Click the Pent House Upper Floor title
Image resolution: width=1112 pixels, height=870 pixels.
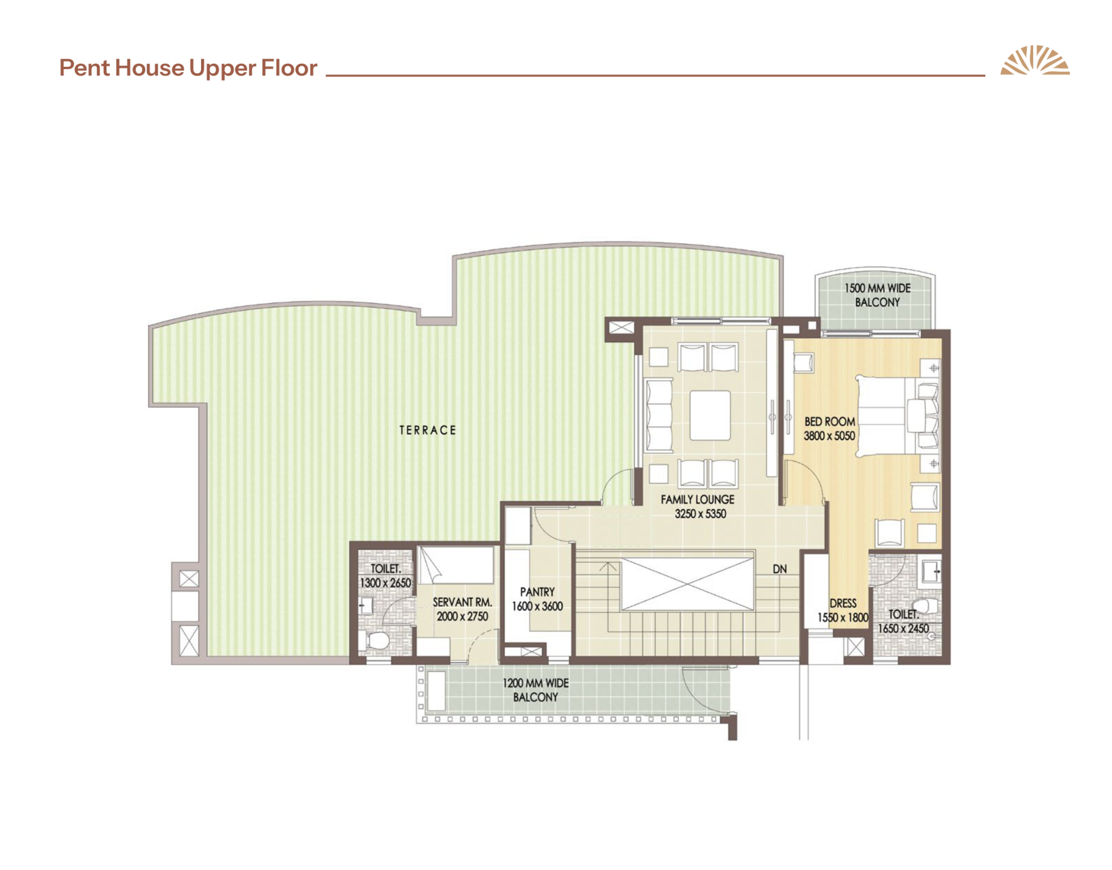click(x=188, y=69)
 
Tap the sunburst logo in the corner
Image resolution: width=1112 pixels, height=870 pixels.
click(x=1035, y=60)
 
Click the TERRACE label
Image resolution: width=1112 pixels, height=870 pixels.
click(x=428, y=430)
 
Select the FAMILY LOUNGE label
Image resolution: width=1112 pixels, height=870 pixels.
click(x=697, y=499)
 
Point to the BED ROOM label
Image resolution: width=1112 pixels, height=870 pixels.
click(x=829, y=421)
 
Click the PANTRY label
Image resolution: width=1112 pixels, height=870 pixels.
click(x=537, y=592)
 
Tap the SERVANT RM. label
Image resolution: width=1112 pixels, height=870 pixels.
click(x=462, y=602)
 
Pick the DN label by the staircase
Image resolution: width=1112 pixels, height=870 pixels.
click(x=779, y=569)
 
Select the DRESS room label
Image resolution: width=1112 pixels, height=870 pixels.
click(x=843, y=603)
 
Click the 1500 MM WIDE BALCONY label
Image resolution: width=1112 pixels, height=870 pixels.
click(x=877, y=295)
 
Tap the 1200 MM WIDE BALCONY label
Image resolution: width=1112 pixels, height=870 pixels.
click(x=535, y=690)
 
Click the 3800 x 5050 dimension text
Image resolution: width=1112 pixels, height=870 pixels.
click(x=829, y=436)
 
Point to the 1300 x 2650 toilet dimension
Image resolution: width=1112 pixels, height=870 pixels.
click(x=385, y=582)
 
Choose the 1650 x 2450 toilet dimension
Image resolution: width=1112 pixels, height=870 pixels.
click(x=903, y=628)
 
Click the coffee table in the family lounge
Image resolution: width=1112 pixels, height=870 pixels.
click(x=710, y=415)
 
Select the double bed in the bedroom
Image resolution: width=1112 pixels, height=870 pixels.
click(x=897, y=416)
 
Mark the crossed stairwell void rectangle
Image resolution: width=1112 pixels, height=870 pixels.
click(x=688, y=584)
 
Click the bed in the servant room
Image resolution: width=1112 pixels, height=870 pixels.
click(x=456, y=565)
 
